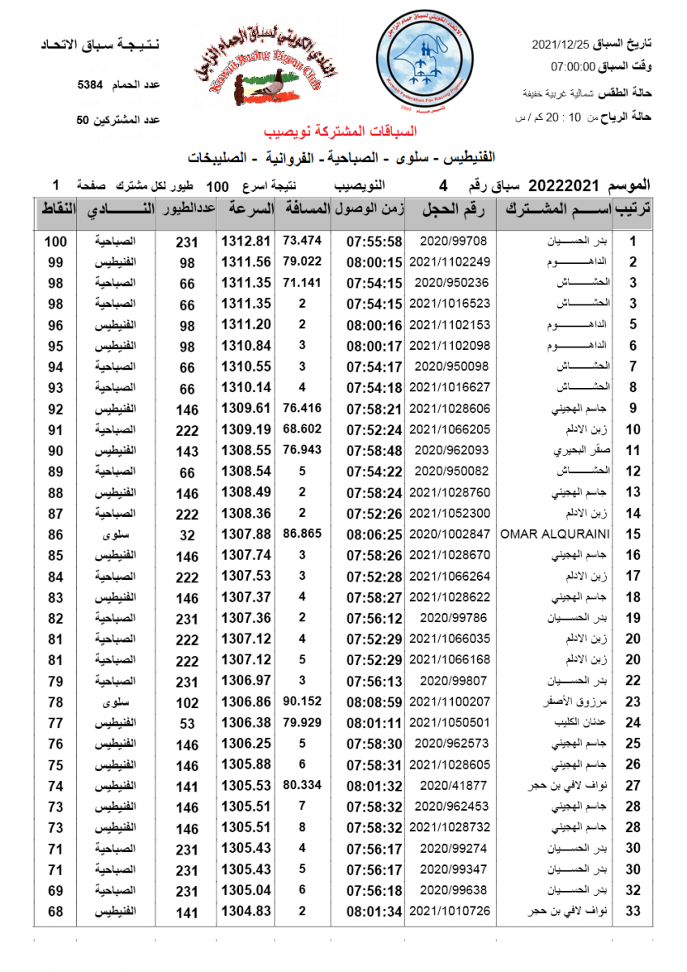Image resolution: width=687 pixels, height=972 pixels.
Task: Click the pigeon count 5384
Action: (x=91, y=84)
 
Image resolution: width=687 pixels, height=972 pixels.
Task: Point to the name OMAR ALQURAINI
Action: (x=555, y=535)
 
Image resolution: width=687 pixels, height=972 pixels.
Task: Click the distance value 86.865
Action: (x=302, y=534)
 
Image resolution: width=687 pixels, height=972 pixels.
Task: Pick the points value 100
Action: (x=55, y=241)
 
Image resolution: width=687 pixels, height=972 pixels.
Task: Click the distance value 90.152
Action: (x=302, y=701)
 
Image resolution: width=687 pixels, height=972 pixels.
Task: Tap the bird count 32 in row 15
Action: (x=187, y=535)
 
